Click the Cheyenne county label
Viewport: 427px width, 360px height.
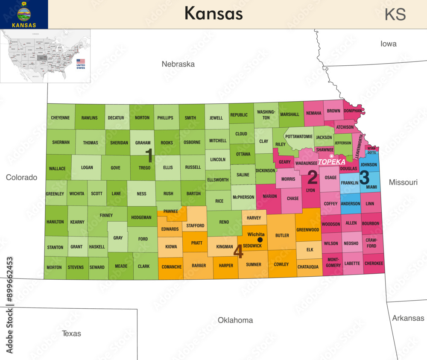tap(61, 117)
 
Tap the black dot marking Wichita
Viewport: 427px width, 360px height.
tap(260, 240)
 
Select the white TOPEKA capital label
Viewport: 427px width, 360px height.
tap(331, 162)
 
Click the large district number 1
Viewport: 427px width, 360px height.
tap(149, 155)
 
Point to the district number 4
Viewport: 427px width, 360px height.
tap(238, 252)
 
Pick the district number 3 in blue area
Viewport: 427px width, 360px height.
tap(364, 176)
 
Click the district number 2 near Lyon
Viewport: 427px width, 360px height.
tap(313, 177)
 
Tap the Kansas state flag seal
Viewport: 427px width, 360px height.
tap(24, 14)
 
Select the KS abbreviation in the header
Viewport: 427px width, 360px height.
tap(395, 15)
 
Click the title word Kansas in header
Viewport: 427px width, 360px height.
tap(213, 14)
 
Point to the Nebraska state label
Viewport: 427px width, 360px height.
tap(178, 64)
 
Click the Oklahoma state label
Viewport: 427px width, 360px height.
tap(235, 320)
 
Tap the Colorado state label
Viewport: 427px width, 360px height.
tap(21, 177)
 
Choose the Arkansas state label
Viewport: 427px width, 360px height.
tap(408, 318)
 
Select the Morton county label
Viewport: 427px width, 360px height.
tap(54, 267)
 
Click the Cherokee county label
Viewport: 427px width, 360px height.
tap(374, 263)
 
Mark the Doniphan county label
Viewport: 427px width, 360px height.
tap(353, 111)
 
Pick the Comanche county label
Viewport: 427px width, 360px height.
tap(172, 267)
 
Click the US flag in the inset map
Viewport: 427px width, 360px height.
tap(81, 61)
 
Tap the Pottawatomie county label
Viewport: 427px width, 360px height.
tap(299, 137)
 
